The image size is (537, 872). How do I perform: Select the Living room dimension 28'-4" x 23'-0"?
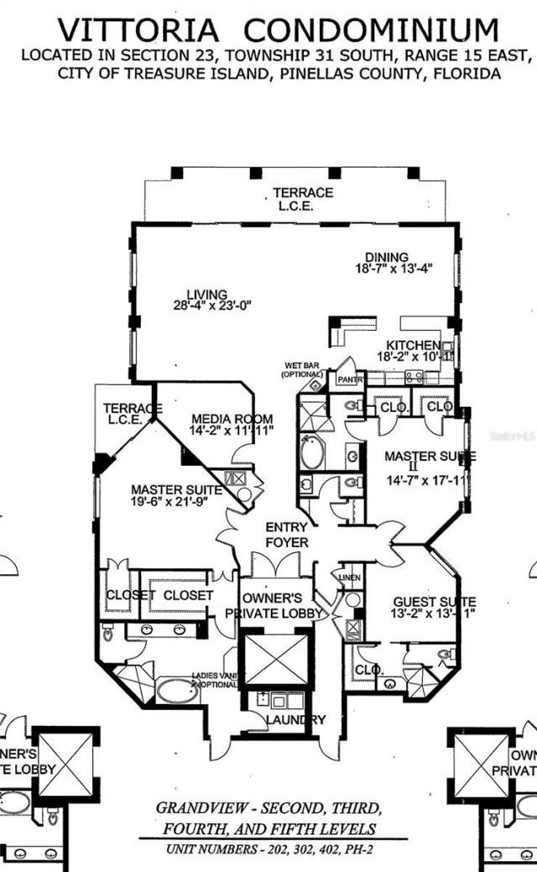click(207, 306)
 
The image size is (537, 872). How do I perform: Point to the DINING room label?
click(386, 257)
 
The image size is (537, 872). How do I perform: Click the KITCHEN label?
click(412, 346)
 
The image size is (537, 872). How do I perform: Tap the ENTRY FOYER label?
click(286, 535)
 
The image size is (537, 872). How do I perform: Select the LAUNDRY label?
click(295, 720)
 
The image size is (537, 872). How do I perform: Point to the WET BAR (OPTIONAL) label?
click(303, 368)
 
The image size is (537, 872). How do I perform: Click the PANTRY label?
click(349, 379)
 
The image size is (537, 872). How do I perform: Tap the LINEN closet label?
click(350, 577)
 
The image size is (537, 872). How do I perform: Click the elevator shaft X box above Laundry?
click(276, 660)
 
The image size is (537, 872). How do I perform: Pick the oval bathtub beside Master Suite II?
click(314, 452)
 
